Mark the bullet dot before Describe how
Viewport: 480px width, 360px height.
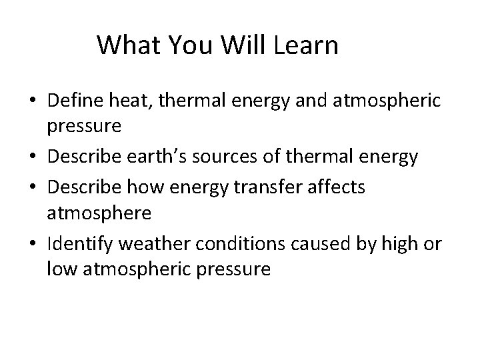pos(33,188)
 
